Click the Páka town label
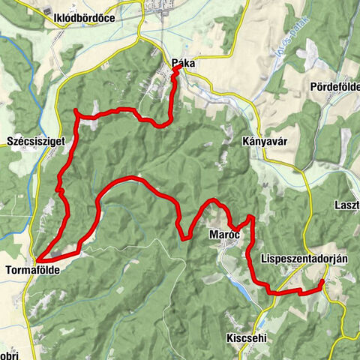tap(183, 64)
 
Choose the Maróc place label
tap(224, 235)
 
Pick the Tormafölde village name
tap(32, 268)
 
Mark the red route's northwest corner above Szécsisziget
tap(76, 111)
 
